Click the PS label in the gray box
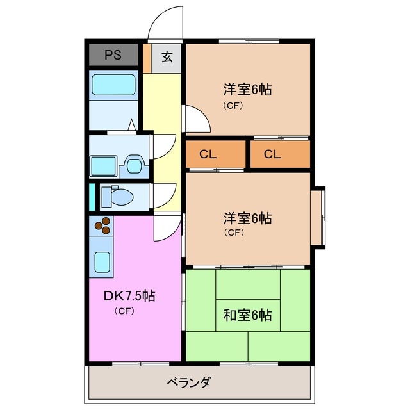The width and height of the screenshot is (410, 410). pos(113,56)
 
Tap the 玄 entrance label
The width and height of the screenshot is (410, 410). pos(167,58)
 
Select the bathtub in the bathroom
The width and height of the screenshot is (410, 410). pos(113,85)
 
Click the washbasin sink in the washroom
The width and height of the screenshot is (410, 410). pos(134,165)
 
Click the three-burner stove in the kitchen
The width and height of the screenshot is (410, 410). pos(103,225)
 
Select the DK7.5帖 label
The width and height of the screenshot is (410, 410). pos(129,296)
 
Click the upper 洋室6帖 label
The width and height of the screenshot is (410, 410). pos(247,90)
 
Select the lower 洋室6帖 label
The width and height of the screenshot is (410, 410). pos(247,218)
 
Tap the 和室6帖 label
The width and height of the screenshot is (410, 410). pos(247,315)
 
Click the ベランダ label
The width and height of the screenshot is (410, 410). pos(189,383)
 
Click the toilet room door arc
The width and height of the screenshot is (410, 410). pos(165,194)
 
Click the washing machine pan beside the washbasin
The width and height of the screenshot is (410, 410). pos(102,165)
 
